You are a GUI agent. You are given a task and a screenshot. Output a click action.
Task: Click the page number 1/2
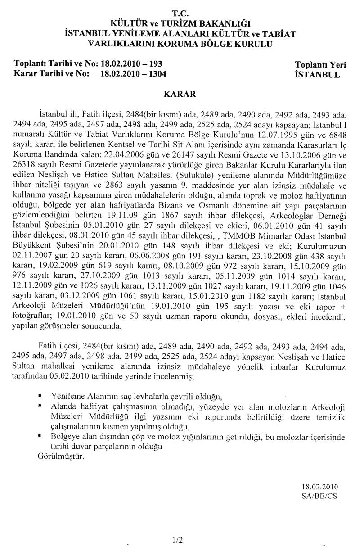pyautogui.click(x=177, y=538)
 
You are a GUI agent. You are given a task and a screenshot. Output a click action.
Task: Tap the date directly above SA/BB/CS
pyautogui.click(x=319, y=487)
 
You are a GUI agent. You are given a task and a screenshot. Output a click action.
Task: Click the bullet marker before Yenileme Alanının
pyautogui.click(x=40, y=395)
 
